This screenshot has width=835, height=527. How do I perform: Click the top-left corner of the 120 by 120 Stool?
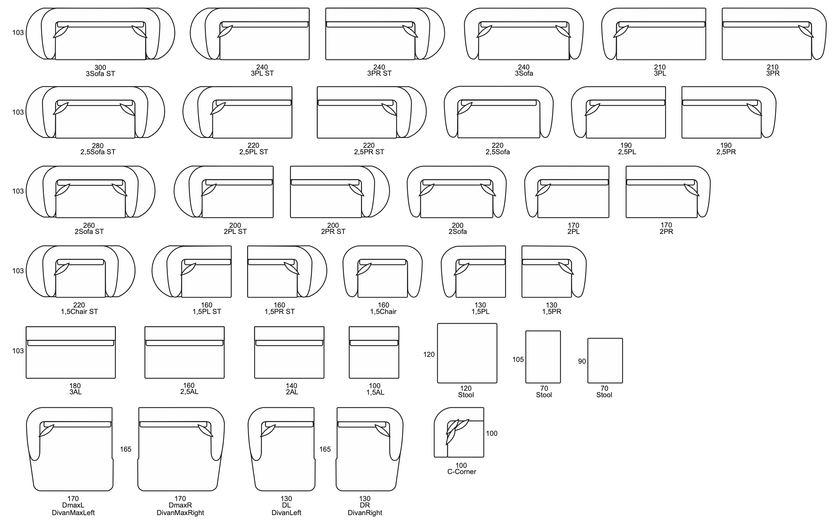pyautogui.click(x=438, y=324)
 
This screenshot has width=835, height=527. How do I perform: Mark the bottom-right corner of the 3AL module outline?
pyautogui.click(x=115, y=378)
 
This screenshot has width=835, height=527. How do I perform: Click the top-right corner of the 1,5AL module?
pyautogui.click(x=399, y=327)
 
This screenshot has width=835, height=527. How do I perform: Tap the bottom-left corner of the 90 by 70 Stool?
pyautogui.click(x=588, y=383)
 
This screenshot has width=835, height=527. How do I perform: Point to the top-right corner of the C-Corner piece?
pyautogui.click(x=483, y=408)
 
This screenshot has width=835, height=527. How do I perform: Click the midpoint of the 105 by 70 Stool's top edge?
pyautogui.click(x=543, y=331)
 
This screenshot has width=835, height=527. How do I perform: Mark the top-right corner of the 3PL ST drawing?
pyautogui.click(x=309, y=8)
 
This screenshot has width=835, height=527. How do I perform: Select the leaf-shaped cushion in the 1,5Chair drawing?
pyautogui.click(x=364, y=269)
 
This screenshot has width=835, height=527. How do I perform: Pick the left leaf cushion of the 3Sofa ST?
pyautogui.click(x=61, y=31)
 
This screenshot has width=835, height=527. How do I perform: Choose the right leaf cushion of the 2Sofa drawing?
pyautogui.click(x=488, y=189)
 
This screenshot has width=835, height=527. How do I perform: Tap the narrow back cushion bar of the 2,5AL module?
pyautogui.click(x=184, y=343)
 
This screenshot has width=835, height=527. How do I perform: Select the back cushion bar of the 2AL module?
pyautogui.click(x=289, y=343)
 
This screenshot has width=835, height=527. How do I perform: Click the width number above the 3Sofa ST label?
pyautogui.click(x=100, y=67)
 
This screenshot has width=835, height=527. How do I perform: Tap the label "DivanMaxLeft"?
pyautogui.click(x=73, y=513)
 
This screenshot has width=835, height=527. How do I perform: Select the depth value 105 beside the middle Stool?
pyautogui.click(x=518, y=359)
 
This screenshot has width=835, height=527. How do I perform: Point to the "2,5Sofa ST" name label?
pyautogui.click(x=98, y=152)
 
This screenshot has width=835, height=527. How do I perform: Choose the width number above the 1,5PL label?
pyautogui.click(x=480, y=305)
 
